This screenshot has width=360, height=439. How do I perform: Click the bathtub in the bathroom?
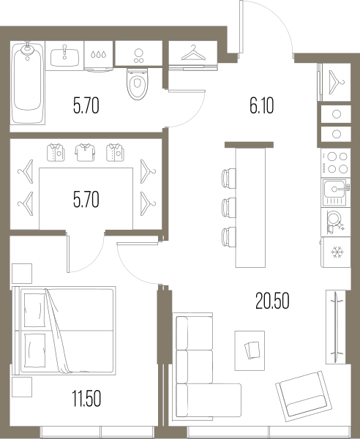[27, 83]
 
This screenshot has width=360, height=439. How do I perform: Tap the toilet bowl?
[137, 83]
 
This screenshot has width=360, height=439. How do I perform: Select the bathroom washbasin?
[64, 57]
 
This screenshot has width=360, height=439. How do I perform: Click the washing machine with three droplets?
[99, 56]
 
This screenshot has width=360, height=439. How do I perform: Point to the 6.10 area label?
[262, 106]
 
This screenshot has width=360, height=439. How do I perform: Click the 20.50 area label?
[272, 301]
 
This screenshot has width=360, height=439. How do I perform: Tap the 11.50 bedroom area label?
[86, 399]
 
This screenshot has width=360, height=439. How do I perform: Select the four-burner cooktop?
[336, 163]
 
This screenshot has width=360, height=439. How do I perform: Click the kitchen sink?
[336, 192]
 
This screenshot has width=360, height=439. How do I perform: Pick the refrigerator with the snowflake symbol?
[336, 252]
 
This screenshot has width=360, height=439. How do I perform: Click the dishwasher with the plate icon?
[336, 222]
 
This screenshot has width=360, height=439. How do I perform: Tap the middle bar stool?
[228, 208]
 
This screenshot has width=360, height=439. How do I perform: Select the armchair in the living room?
[304, 396]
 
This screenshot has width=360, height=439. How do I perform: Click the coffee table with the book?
[250, 350]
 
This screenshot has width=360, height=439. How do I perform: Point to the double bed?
[64, 331]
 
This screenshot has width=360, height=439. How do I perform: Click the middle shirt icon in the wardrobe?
[85, 152]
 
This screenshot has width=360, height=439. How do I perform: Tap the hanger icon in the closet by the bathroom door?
[193, 53]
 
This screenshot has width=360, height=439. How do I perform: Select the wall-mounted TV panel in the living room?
[336, 327]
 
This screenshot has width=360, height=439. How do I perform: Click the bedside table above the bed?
[22, 274]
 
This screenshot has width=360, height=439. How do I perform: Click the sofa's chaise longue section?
[209, 400]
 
